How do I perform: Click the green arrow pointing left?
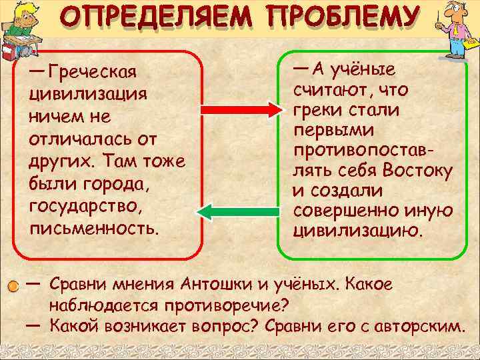coord(237,212)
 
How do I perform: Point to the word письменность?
coord(94,229)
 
